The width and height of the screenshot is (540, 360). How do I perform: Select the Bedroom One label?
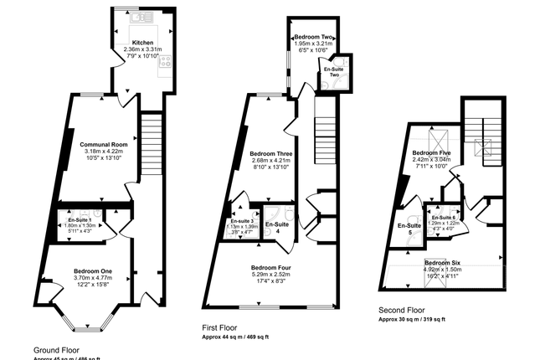[x=93, y=270]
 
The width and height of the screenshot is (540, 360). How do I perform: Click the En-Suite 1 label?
[x=80, y=219]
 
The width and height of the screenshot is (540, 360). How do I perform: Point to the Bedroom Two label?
[x=314, y=38]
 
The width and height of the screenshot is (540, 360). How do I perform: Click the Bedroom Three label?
[x=271, y=153]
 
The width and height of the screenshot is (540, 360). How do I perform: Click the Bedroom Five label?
[x=432, y=154]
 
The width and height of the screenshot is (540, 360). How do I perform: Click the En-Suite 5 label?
[x=409, y=229]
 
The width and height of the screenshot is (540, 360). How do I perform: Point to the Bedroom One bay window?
[x=87, y=326]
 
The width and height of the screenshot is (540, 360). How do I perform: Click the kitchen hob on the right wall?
[x=166, y=60]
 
